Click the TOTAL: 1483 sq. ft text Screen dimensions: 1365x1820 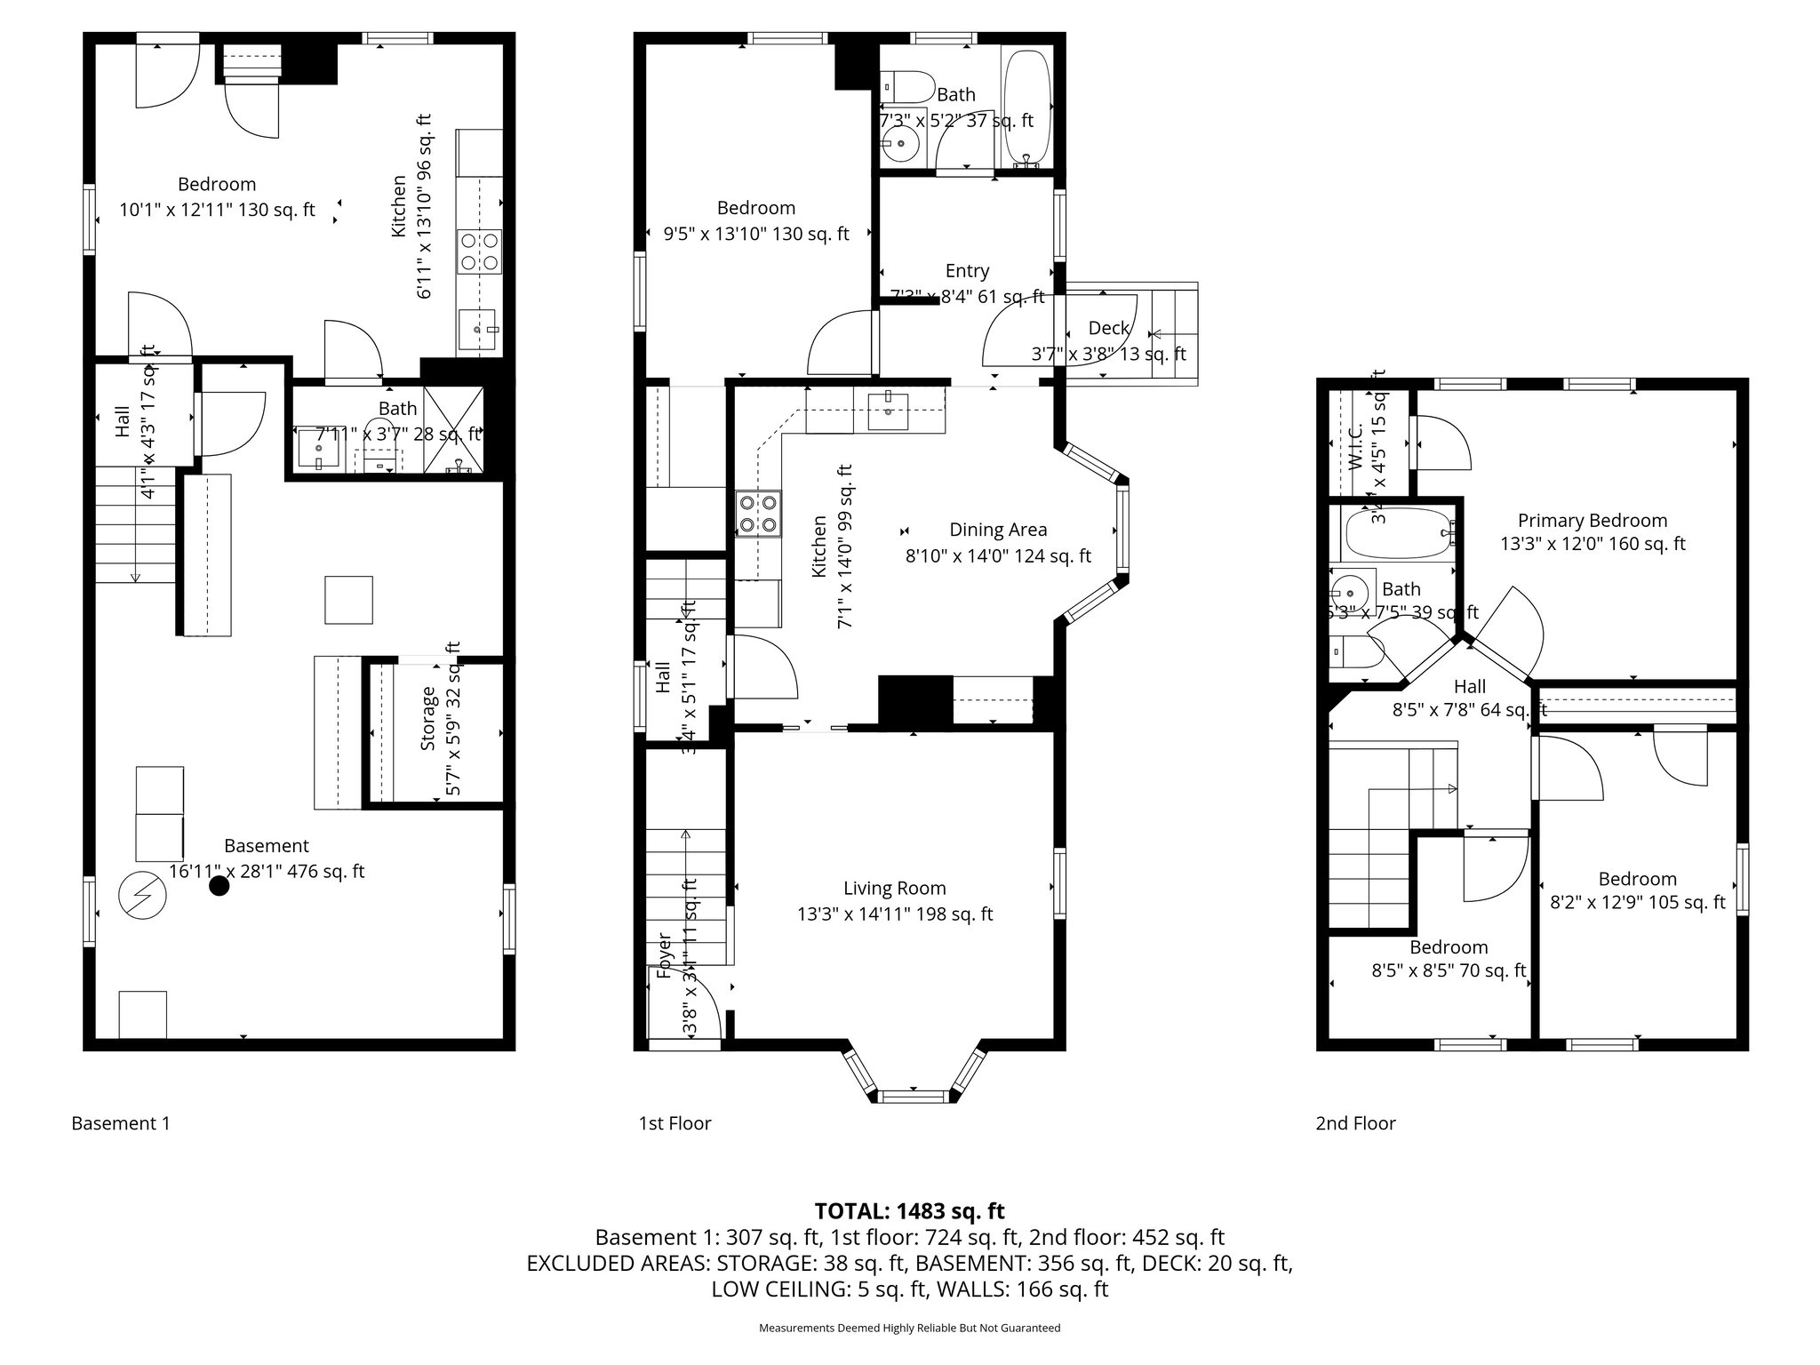(909, 1210)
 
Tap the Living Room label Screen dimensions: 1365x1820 (894, 888)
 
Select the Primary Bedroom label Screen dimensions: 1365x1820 (1592, 521)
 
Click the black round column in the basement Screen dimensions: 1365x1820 (219, 885)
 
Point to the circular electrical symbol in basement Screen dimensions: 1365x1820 (142, 895)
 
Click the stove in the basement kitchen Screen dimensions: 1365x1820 (480, 251)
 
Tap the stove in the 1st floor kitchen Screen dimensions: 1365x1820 (758, 514)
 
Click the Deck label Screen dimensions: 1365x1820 (1108, 328)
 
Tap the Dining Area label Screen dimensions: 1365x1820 (998, 530)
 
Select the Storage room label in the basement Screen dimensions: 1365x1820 (428, 718)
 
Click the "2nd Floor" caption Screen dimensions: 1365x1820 (1355, 1123)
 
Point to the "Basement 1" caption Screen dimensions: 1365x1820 (120, 1123)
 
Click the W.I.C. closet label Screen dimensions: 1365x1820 (1355, 447)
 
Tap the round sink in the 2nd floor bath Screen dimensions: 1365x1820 (1351, 590)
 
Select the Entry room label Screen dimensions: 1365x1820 (967, 271)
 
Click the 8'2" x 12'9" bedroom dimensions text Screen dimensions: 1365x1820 (1637, 902)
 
